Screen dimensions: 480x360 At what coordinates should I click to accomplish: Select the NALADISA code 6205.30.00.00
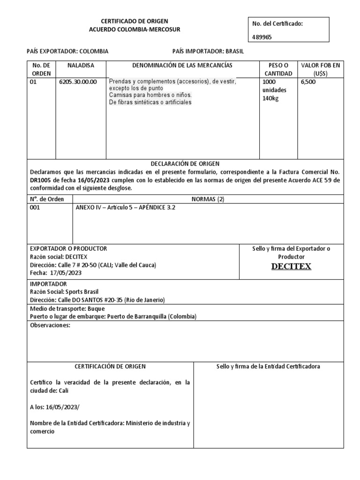[x=78, y=82]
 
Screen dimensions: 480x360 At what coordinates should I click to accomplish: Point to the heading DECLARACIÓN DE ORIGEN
[x=185, y=164]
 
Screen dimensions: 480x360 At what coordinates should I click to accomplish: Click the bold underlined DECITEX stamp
[x=291, y=267]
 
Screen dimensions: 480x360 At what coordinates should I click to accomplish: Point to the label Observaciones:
[x=50, y=325]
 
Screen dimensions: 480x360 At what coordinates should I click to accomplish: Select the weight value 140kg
[x=270, y=98]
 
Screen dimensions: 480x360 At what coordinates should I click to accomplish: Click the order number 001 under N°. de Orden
[x=35, y=208]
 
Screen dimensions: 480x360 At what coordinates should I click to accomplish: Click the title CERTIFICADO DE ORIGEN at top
[x=135, y=22]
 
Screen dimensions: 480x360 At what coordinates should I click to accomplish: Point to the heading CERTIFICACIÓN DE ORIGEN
[x=111, y=366]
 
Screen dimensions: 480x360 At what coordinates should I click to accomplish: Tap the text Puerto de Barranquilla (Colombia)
[x=152, y=316]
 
